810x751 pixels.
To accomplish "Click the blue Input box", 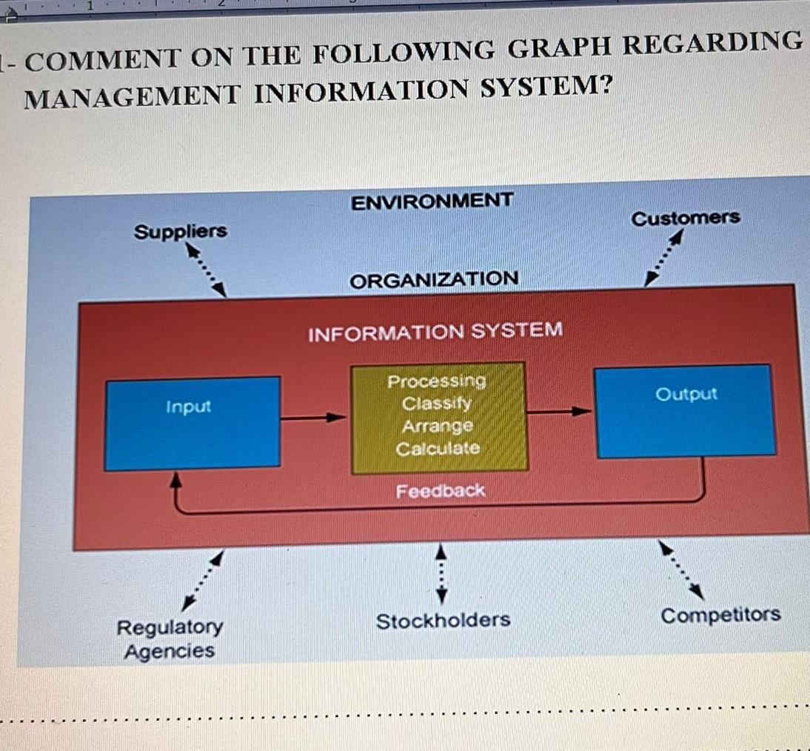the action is click(193, 424).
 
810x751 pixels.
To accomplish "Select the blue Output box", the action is click(686, 412).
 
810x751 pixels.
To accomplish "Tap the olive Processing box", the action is click(438, 418).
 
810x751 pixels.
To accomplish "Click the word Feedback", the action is click(440, 490).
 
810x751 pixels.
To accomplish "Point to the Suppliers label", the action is click(180, 231).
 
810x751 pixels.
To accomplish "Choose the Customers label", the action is click(686, 218).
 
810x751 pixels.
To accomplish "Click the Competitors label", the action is click(720, 615).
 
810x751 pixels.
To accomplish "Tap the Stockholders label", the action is click(444, 621).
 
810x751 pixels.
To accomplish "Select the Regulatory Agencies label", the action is click(170, 639).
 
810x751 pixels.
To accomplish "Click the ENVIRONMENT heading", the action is click(432, 201).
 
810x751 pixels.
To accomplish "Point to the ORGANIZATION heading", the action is click(434, 280).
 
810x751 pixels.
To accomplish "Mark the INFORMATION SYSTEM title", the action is click(435, 332).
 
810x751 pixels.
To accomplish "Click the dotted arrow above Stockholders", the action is click(441, 574).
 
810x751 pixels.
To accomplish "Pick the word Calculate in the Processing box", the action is click(438, 448).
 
